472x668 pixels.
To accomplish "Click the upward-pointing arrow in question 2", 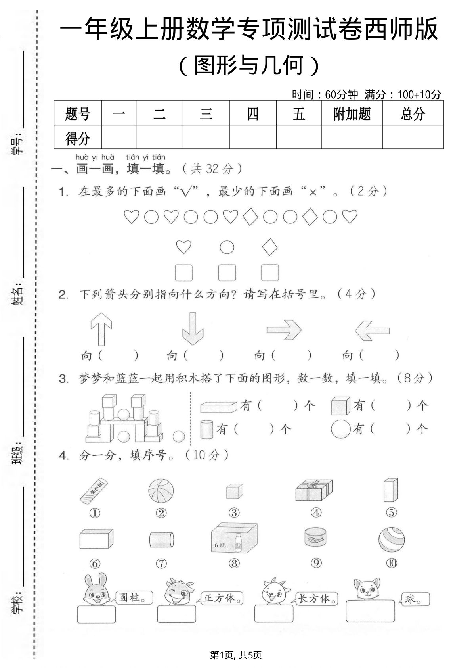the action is [101, 328].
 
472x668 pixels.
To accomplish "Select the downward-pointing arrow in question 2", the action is [193, 328].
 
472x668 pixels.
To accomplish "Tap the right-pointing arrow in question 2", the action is [284, 330].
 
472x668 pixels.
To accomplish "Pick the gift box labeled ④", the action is [314, 490].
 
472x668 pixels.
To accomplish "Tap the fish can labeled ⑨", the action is [315, 539].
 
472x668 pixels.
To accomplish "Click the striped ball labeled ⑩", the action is [391, 539].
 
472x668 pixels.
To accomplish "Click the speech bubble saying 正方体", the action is [222, 598].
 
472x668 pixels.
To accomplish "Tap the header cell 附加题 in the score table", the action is [352, 114].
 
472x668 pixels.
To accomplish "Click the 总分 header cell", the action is [413, 114].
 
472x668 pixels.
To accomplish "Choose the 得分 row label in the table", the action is [78, 138].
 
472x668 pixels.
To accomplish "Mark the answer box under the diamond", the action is [270, 273].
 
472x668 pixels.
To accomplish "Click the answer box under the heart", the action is [183, 273].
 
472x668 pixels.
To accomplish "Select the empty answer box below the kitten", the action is [370, 611].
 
